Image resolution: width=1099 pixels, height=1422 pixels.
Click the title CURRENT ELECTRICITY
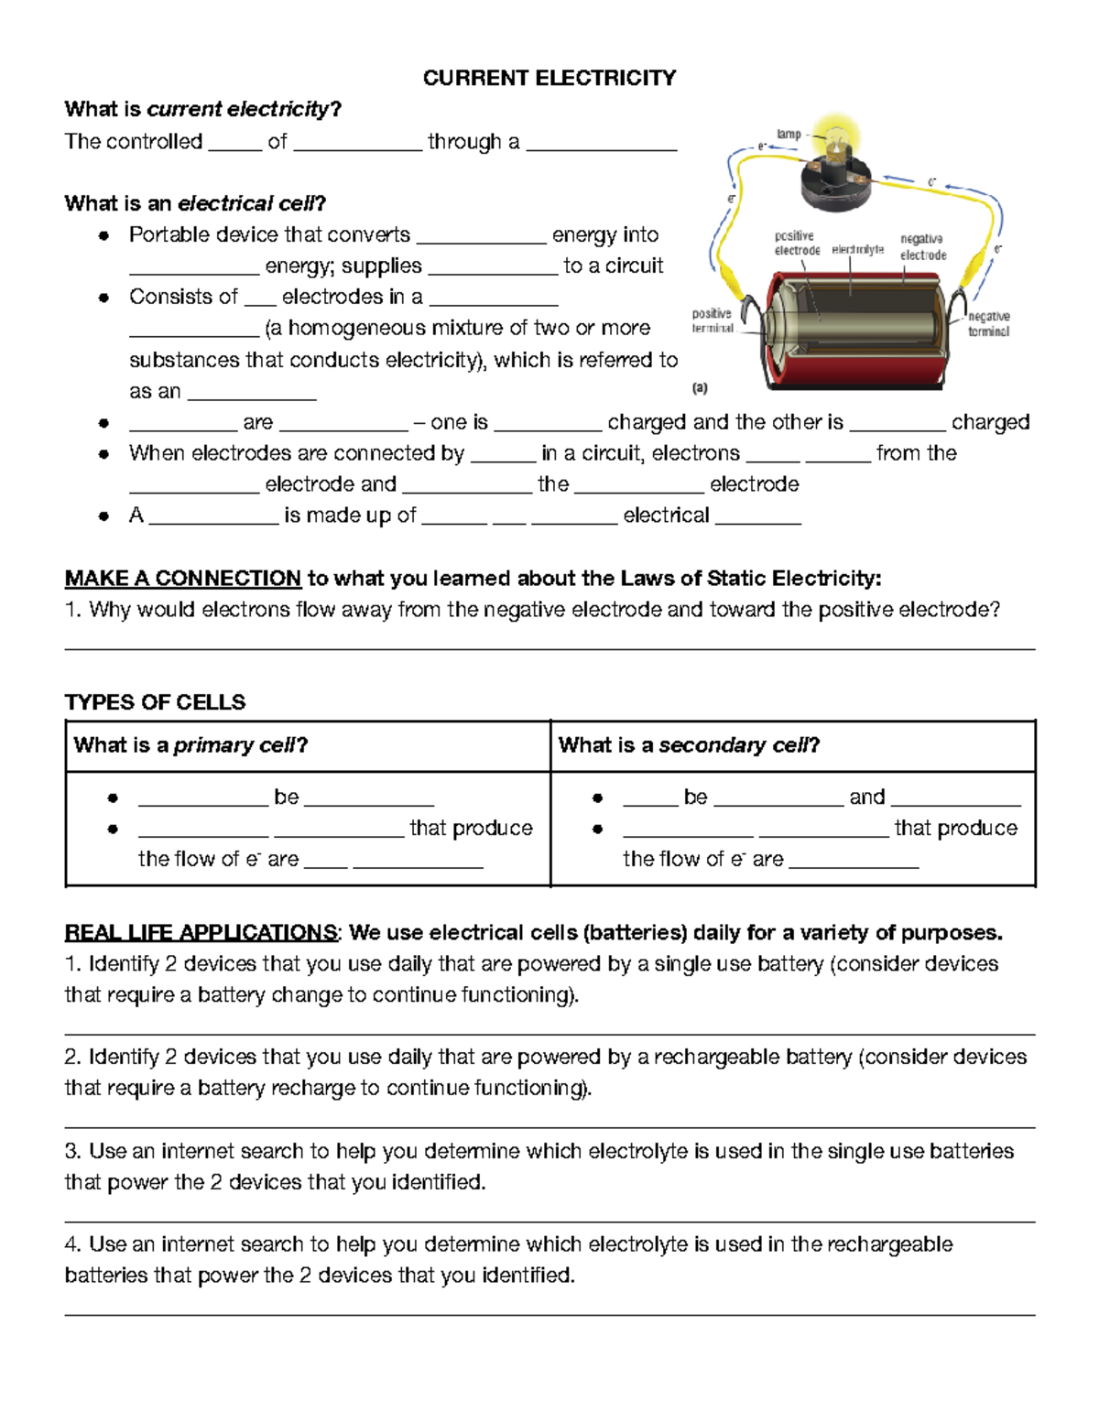(549, 78)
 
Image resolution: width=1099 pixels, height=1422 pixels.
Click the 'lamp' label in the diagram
(789, 134)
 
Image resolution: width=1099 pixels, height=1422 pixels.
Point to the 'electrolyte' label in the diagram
(857, 249)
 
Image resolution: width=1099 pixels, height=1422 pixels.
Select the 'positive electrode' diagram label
(796, 244)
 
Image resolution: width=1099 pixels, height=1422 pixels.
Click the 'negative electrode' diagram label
(922, 247)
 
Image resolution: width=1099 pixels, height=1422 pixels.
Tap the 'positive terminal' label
(712, 320)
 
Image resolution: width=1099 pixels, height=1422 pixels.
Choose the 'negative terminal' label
(988, 323)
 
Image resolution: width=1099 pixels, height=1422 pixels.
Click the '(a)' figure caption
(700, 388)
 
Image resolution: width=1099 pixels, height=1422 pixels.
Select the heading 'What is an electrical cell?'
(195, 203)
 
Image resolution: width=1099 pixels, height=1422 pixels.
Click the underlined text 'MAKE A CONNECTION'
(183, 579)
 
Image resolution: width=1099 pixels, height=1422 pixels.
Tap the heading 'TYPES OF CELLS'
(155, 702)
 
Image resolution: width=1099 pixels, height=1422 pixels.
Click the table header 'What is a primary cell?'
(190, 745)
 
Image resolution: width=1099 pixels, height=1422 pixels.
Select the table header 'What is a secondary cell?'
(689, 745)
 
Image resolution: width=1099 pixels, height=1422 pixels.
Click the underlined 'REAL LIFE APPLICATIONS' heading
(201, 933)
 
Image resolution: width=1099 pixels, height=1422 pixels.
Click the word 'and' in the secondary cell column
(866, 797)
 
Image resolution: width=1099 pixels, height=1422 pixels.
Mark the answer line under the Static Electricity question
(549, 649)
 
